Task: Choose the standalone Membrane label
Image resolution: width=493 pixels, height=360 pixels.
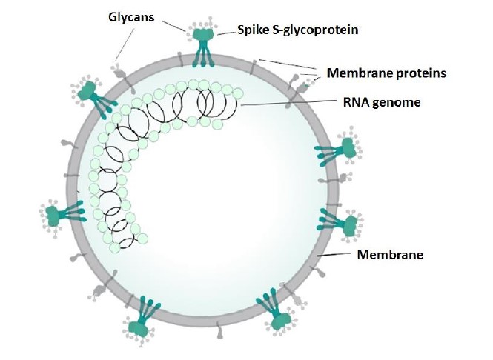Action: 390,255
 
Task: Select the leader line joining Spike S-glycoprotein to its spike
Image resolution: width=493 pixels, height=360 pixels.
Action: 225,32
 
